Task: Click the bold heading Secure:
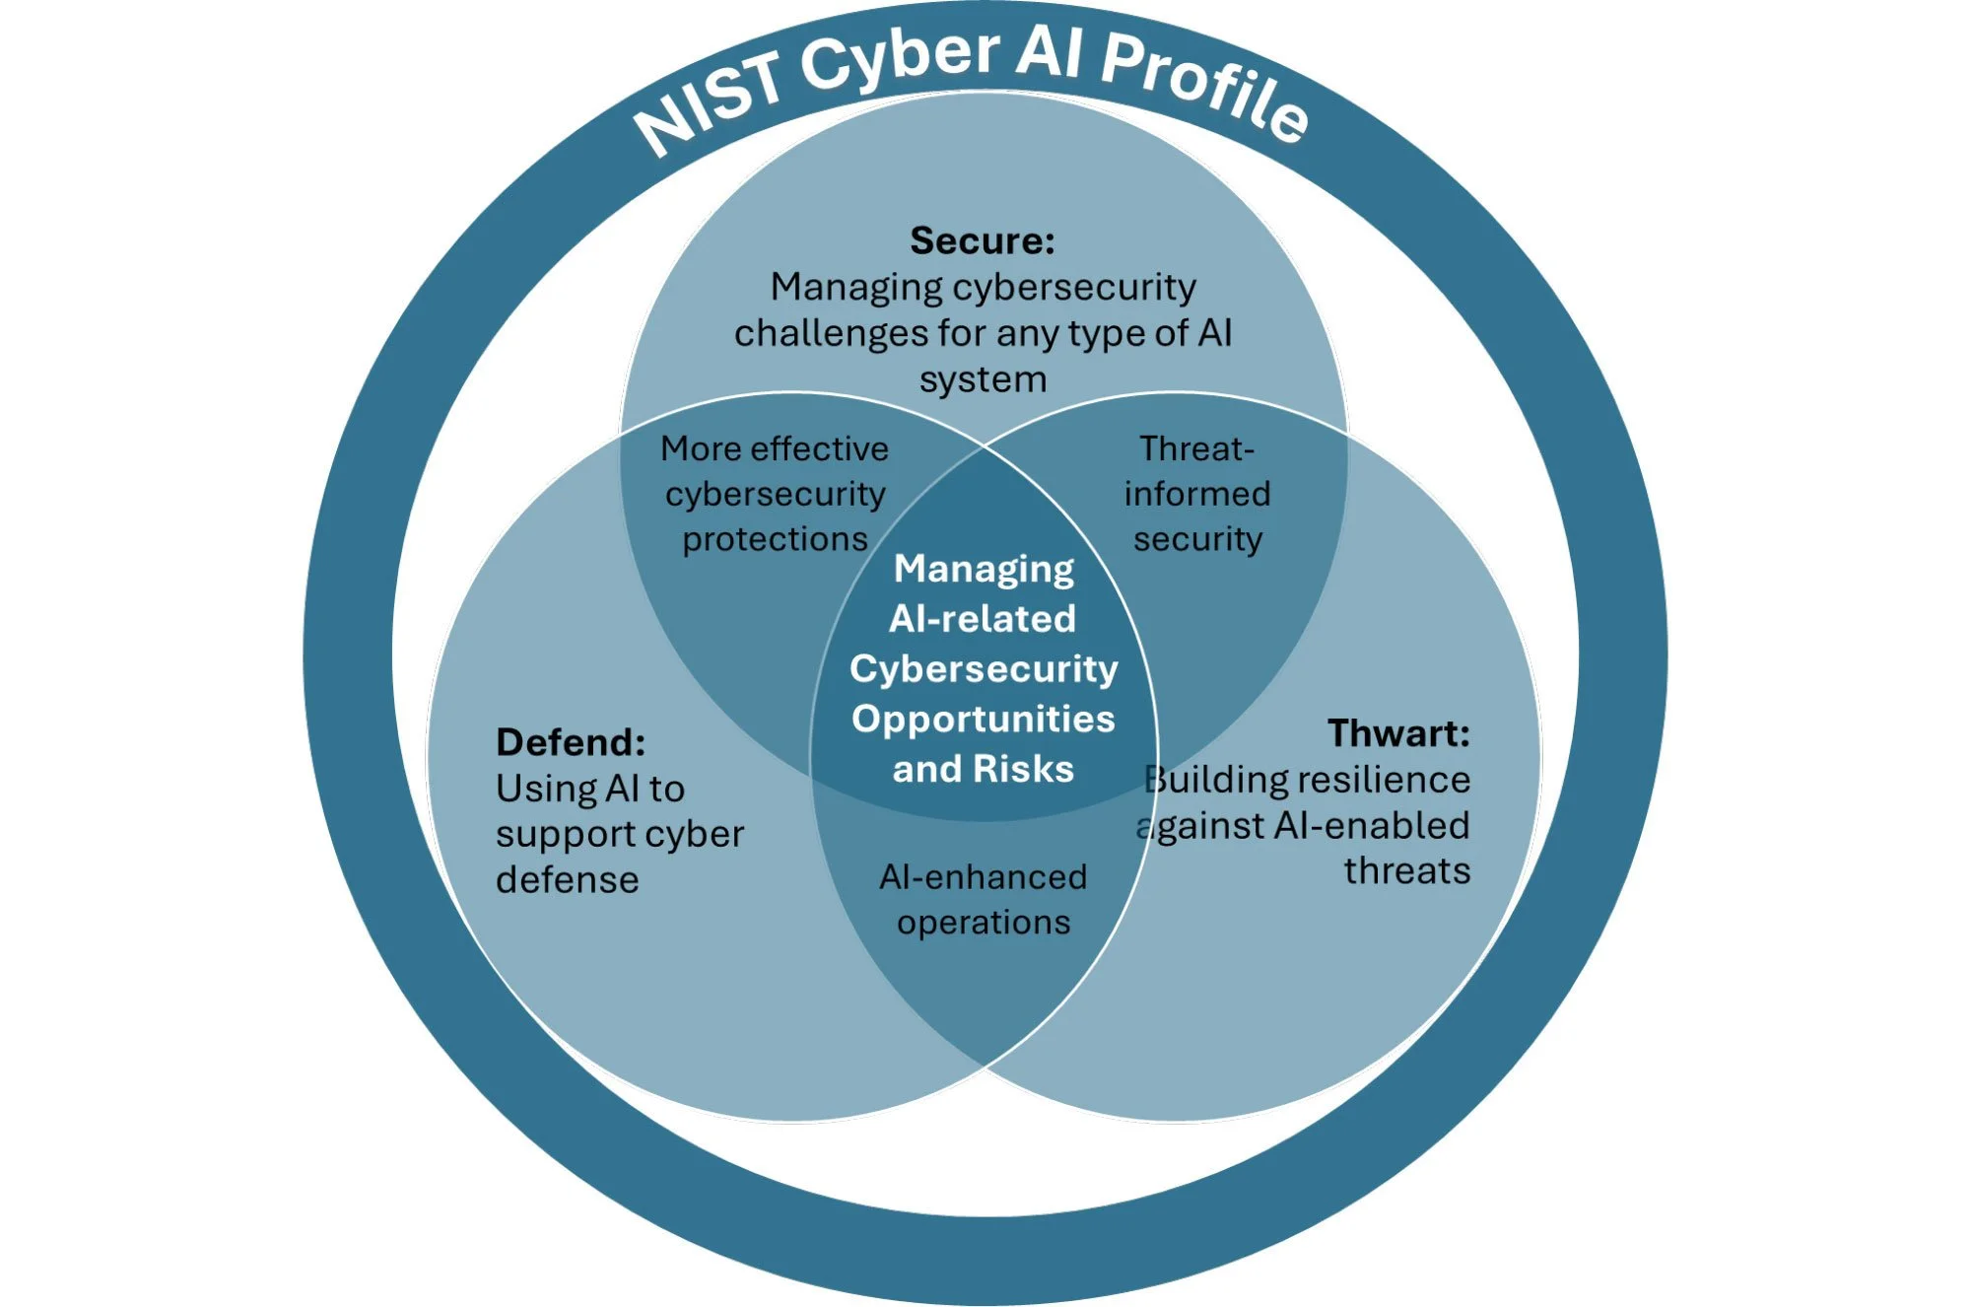tap(982, 241)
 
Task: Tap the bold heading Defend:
tap(571, 742)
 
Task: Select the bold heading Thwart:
tap(1397, 733)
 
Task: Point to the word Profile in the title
tap(1204, 85)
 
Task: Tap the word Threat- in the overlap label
tap(1196, 449)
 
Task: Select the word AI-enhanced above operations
tap(983, 876)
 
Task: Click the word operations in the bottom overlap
tap(983, 923)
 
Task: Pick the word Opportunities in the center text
tap(983, 719)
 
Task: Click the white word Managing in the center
tap(983, 569)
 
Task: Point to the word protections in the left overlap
tap(775, 539)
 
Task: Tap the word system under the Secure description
tap(983, 379)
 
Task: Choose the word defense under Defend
tap(567, 879)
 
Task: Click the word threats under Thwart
tap(1406, 871)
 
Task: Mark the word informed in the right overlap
tap(1196, 494)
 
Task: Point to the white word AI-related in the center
tap(983, 619)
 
